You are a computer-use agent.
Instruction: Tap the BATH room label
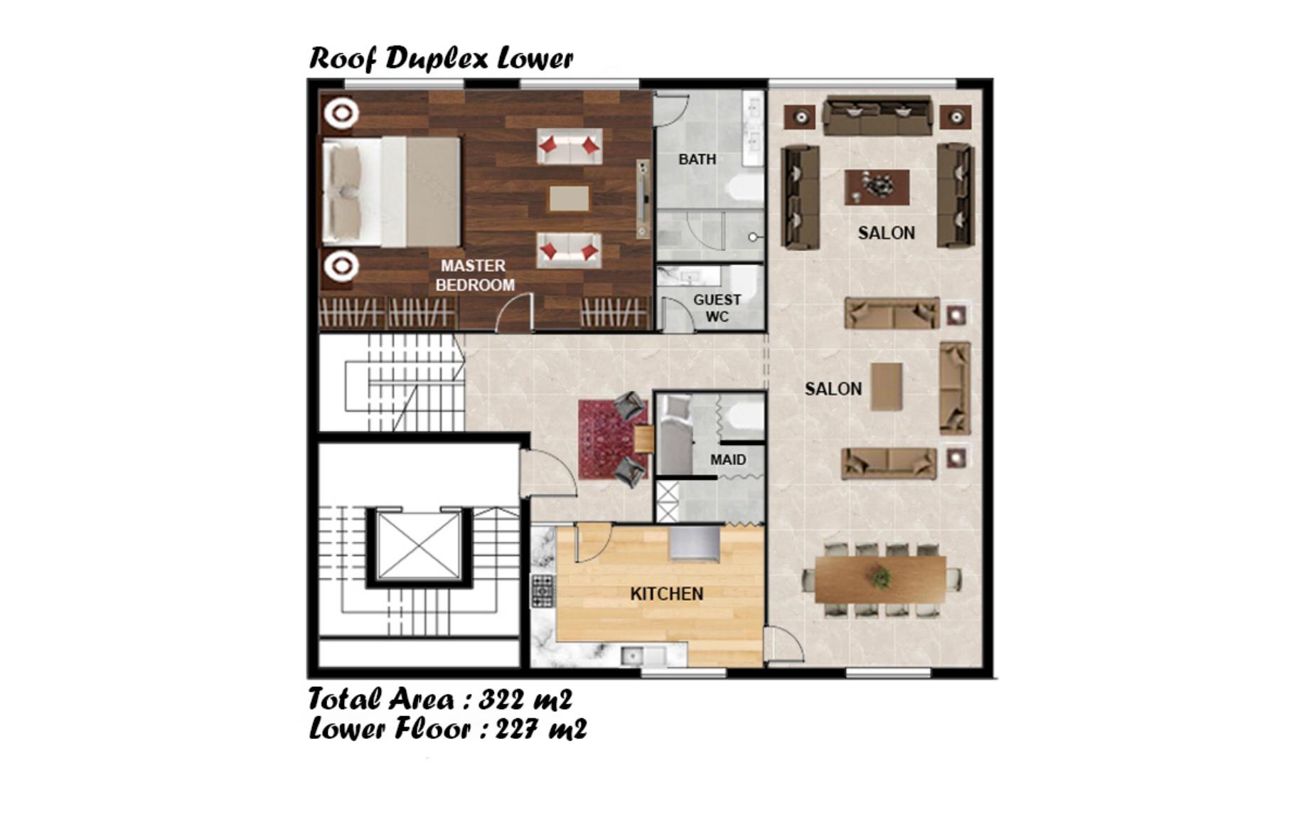click(697, 159)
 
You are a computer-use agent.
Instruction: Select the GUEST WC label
click(717, 308)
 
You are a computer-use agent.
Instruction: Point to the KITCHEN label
click(666, 594)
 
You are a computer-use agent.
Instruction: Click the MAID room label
click(728, 460)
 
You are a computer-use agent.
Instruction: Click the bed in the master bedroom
click(391, 192)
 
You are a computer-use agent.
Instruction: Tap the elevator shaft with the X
click(419, 547)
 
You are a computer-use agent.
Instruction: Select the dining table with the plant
click(880, 580)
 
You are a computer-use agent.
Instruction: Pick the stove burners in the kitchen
click(543, 591)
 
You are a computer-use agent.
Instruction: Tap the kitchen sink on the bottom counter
click(643, 656)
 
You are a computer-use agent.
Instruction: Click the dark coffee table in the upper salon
click(877, 187)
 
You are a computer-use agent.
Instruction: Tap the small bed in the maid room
click(675, 435)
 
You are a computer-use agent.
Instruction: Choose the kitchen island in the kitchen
click(695, 543)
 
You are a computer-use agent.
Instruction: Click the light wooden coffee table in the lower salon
click(887, 386)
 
